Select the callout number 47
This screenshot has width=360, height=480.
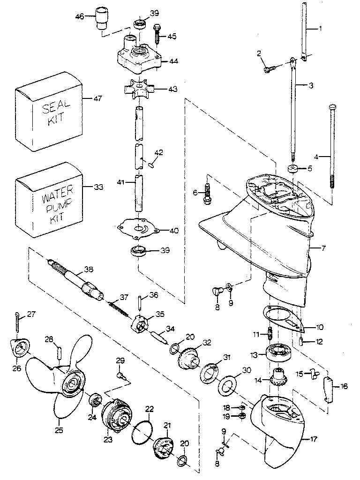(97, 99)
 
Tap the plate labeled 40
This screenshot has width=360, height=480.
(140, 230)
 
